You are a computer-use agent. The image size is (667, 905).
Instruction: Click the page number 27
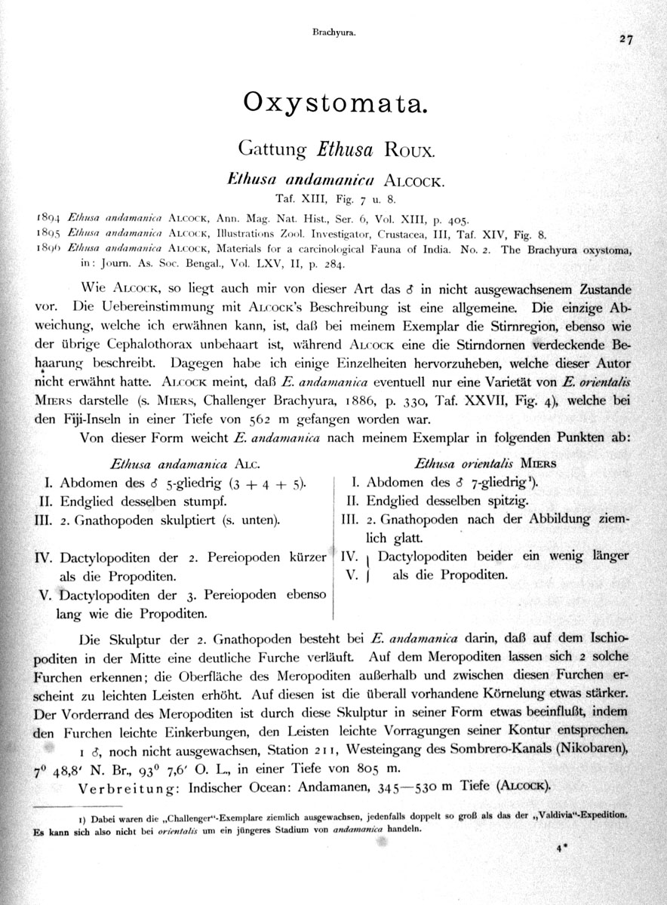click(x=626, y=41)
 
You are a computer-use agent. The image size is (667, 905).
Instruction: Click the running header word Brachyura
click(x=333, y=32)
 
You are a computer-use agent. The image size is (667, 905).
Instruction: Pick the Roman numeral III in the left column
click(x=38, y=520)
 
